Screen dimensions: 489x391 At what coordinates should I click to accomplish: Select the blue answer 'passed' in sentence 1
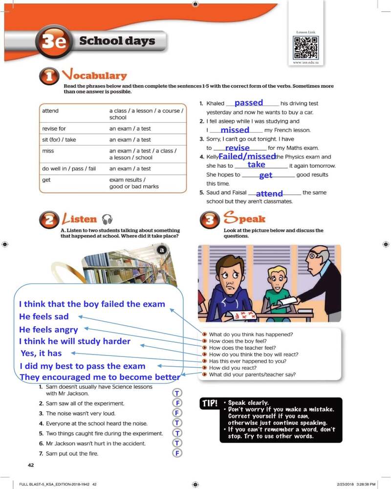tap(249, 103)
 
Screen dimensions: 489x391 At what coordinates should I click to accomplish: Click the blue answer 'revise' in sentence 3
tap(238, 148)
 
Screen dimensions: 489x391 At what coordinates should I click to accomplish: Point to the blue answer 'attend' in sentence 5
tap(269, 194)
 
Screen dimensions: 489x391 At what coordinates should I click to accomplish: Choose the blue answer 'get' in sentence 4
tap(266, 175)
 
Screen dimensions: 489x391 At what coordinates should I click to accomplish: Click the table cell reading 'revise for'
tap(54, 129)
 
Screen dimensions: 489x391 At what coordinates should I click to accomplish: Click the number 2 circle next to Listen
tap(49, 220)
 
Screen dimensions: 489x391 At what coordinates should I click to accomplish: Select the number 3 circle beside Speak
tap(211, 220)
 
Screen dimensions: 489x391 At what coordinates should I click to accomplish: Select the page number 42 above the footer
tap(30, 465)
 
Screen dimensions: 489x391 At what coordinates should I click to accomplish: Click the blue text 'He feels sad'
tap(44, 316)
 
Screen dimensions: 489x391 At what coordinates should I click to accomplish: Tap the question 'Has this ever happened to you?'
tap(247, 361)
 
